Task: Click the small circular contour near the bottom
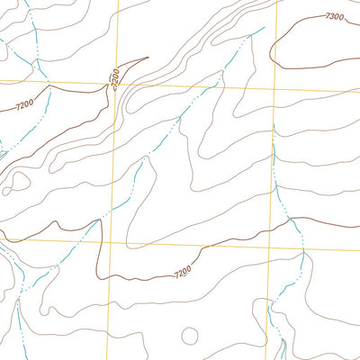click(x=189, y=336)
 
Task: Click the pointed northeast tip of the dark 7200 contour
click(x=147, y=59)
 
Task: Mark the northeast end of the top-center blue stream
click(x=264, y=28)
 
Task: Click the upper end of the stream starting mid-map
click(x=143, y=158)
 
